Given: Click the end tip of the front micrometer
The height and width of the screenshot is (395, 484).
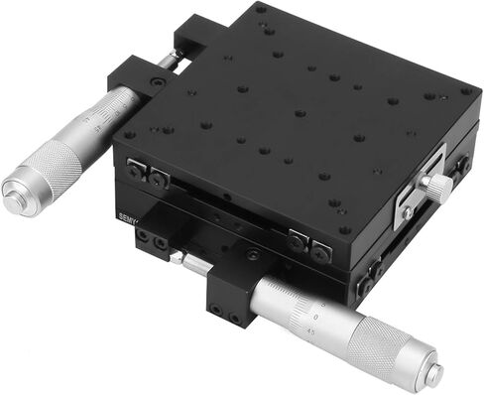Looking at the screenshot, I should tap(433, 373).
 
